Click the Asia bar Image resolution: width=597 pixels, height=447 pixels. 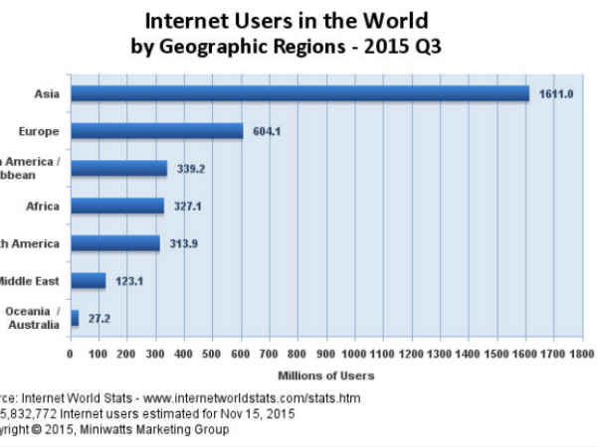click(x=298, y=92)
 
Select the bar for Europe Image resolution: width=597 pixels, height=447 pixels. click(x=156, y=130)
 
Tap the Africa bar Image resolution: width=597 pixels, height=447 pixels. click(x=116, y=206)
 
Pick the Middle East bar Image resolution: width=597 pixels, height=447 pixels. click(x=88, y=280)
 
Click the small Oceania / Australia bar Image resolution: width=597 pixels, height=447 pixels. click(x=74, y=318)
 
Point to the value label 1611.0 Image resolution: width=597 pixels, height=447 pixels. click(x=554, y=93)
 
